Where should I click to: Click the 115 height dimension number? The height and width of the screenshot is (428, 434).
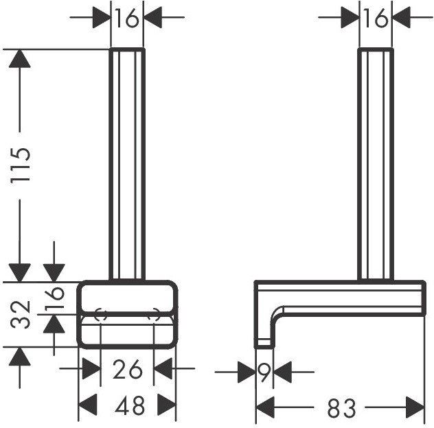tap(20, 165)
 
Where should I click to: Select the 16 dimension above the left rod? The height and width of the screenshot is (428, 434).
tap(126, 18)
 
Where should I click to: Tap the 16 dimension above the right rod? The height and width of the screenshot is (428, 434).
tap(376, 18)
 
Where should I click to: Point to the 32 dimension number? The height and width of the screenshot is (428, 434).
tap(20, 314)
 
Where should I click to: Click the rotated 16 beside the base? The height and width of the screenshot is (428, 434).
tap(54, 298)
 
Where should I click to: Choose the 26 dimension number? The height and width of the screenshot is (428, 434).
tap(127, 370)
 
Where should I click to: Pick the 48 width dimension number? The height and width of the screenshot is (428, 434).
tap(130, 405)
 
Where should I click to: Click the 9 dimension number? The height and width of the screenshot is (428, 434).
tap(264, 372)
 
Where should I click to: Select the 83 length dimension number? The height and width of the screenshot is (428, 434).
tap(341, 407)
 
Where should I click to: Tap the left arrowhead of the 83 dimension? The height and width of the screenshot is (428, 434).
tap(265, 407)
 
